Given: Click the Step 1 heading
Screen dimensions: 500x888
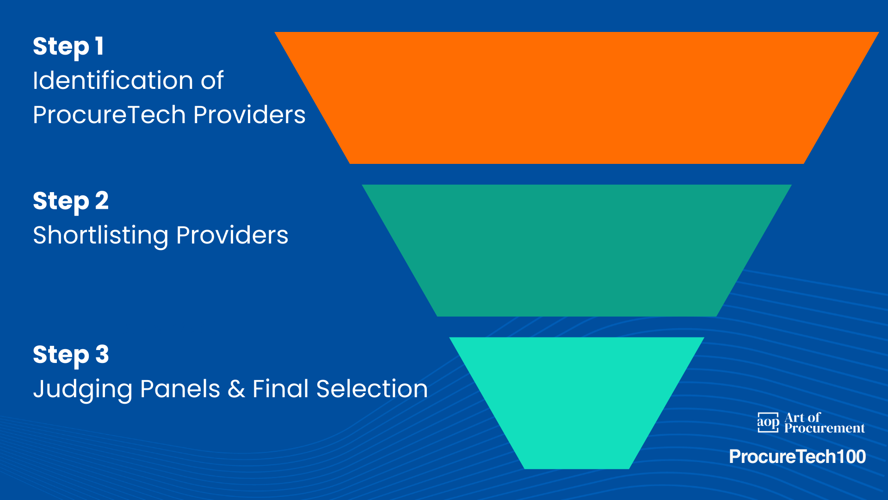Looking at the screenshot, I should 68,47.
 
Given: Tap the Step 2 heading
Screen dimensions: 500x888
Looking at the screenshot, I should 71,201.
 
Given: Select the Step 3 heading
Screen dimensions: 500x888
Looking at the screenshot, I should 71,355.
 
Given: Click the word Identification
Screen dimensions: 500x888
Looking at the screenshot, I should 113,81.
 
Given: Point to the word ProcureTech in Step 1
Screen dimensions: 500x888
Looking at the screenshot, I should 109,115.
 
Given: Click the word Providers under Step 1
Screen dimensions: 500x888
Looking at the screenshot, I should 249,115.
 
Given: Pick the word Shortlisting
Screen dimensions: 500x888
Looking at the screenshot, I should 100,235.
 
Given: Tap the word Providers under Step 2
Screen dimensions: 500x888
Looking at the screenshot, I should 232,235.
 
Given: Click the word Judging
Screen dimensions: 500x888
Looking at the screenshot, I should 82,389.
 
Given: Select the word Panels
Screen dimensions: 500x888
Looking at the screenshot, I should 180,389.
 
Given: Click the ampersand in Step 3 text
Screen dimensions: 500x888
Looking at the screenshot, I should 236,389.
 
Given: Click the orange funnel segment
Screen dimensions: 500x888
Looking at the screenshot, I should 576,98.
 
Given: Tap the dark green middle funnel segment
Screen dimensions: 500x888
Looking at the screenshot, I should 576,250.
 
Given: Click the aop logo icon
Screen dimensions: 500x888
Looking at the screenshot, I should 768,422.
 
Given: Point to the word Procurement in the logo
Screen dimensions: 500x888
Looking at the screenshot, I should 824,429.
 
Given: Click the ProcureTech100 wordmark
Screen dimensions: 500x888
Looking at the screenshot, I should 797,457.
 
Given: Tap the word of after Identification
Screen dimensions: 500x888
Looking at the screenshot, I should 212,81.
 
